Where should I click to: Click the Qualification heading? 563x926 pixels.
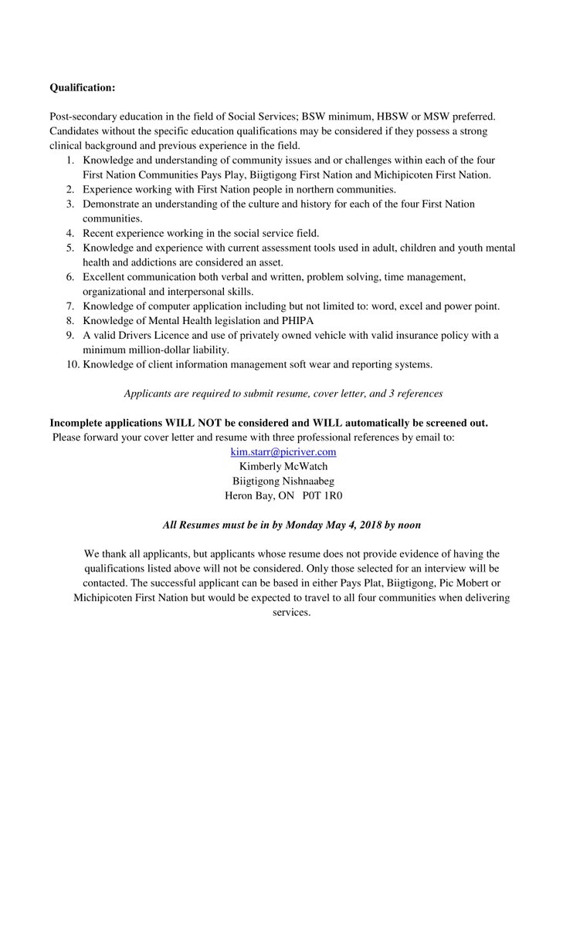82,87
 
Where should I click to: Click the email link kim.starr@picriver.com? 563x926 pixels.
283,451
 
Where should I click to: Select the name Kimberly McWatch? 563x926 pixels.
283,466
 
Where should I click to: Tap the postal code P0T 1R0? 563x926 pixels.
323,495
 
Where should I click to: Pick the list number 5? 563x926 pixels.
70,248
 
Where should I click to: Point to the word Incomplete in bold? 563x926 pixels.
79,422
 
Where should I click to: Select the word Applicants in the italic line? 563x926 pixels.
148,393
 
